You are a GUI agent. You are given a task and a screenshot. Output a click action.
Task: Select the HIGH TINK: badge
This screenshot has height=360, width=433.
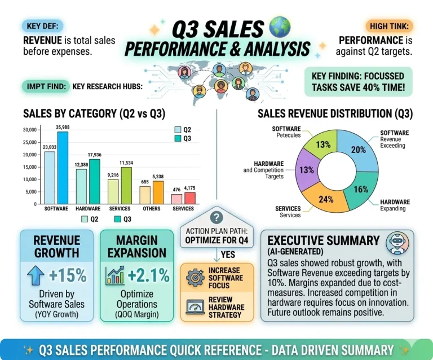[x=389, y=25]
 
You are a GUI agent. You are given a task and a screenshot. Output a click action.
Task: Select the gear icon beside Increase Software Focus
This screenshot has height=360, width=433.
[x=196, y=277]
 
